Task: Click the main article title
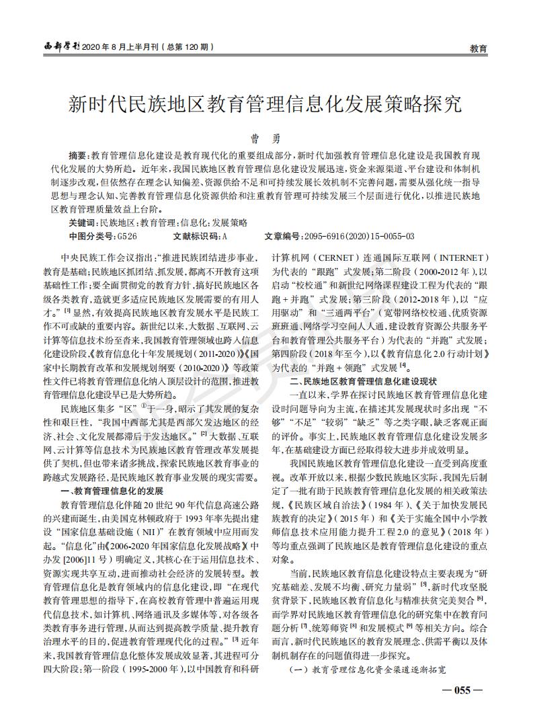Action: (266, 104)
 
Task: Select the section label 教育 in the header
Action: (479, 48)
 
